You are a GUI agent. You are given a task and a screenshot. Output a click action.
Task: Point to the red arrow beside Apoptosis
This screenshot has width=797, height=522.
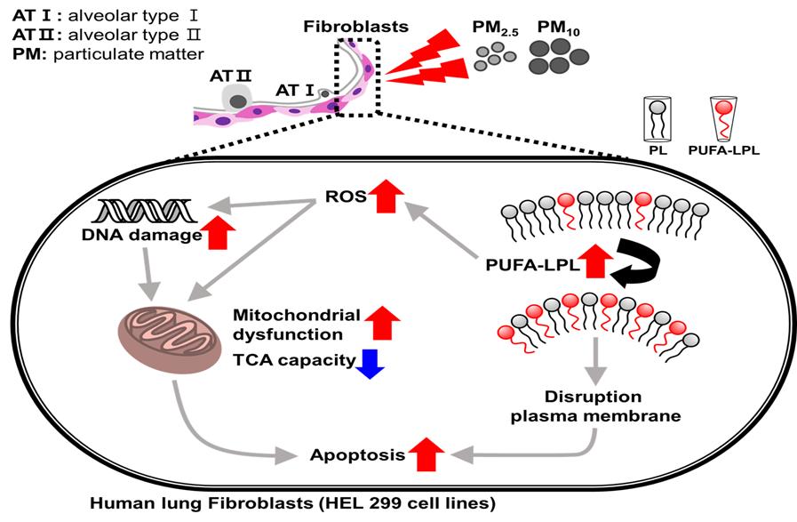click(x=426, y=455)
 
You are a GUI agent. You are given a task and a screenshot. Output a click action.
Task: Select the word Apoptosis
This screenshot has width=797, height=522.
click(x=355, y=455)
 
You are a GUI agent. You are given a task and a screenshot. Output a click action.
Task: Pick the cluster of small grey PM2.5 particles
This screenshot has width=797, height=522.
click(x=495, y=61)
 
